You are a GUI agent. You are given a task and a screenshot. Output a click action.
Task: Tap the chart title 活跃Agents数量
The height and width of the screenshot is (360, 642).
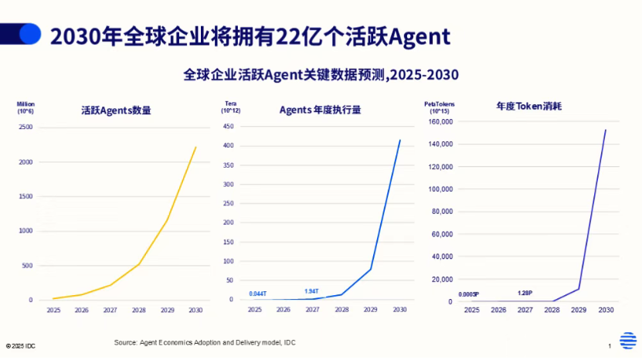[116, 110]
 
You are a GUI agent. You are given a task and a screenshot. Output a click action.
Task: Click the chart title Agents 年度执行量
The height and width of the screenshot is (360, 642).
[320, 110]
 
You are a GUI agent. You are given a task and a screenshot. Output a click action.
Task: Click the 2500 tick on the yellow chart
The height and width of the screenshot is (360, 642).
[26, 126]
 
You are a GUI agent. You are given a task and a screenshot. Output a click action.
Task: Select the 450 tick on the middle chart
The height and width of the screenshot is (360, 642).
[228, 126]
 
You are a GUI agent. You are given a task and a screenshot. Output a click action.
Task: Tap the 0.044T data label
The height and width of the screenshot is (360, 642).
[258, 294]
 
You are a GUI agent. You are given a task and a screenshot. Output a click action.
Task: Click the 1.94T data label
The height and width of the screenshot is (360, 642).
[311, 290]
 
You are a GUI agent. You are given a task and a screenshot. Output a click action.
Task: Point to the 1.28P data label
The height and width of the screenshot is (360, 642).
[525, 294]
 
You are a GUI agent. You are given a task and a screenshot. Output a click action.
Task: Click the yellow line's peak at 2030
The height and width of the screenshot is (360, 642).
[195, 147]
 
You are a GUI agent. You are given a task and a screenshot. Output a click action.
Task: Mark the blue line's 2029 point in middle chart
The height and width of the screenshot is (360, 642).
[370, 270]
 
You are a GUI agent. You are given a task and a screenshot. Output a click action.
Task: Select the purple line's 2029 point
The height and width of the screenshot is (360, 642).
[579, 289]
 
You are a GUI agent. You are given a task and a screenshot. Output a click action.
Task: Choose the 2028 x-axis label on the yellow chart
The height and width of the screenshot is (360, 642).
[139, 311]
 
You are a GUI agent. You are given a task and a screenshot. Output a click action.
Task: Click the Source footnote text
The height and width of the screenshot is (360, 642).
[205, 342]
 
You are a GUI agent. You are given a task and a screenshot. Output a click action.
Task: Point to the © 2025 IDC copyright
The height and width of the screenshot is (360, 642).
[20, 346]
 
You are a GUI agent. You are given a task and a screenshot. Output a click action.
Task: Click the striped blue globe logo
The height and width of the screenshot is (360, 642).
[627, 341]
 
